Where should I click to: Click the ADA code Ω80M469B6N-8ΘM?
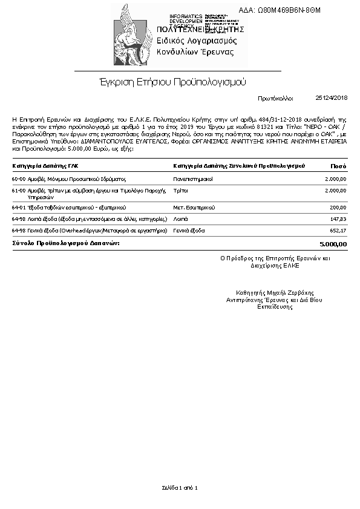pos(288,10)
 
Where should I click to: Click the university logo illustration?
pos(133,35)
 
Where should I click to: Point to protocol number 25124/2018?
pos(332,97)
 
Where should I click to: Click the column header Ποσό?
pos(339,165)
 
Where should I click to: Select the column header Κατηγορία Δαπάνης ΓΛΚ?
pos(45,165)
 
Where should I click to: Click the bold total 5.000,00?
pos(333,244)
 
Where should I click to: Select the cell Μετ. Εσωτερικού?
pos(194,207)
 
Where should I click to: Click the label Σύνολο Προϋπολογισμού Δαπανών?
pos(66,243)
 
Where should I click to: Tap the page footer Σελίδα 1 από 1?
pos(180,487)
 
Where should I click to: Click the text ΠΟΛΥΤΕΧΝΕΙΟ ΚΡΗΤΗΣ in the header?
pos(200,29)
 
